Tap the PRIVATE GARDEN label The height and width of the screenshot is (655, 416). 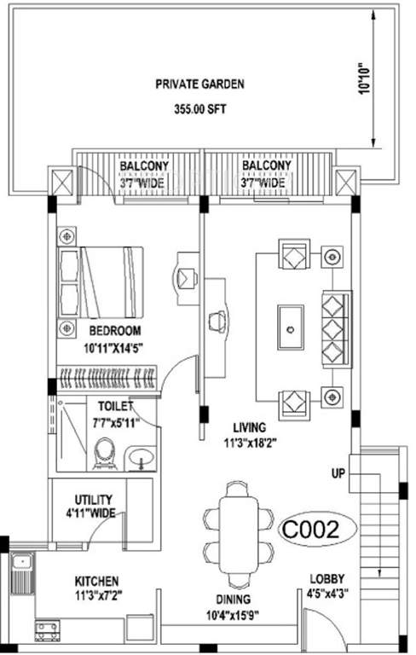click(199, 84)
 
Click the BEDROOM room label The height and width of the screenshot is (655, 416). click(114, 330)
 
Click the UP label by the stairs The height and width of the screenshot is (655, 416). click(338, 472)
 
